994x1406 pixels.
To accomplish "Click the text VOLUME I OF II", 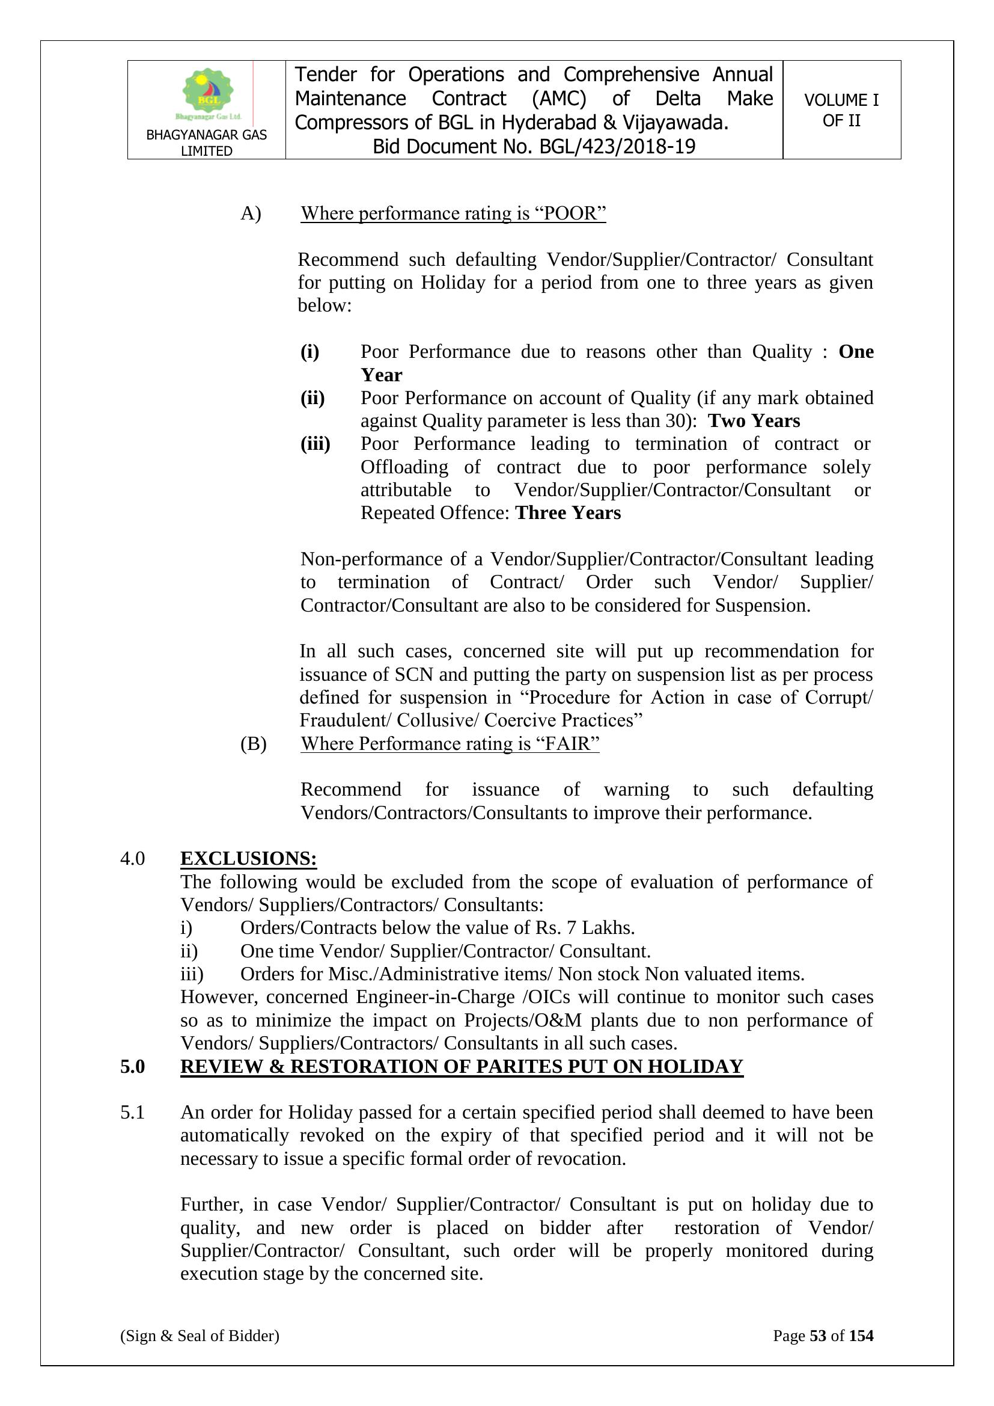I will (841, 110).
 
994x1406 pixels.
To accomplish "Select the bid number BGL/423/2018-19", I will (617, 147).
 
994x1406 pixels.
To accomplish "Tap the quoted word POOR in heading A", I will (570, 213).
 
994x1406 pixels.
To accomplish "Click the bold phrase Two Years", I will (754, 421).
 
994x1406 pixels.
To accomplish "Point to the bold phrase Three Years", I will (568, 512).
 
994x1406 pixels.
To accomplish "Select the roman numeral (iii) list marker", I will (316, 444).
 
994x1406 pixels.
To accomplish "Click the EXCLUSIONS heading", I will (249, 859).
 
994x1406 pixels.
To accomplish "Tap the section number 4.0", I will (132, 859).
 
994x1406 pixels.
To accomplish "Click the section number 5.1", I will (132, 1112).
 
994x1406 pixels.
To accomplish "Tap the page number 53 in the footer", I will (818, 1336).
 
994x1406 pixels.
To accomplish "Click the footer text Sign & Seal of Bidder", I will (200, 1336).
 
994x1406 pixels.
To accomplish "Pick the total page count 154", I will (861, 1336).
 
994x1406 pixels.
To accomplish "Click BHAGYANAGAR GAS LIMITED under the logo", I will (206, 143).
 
